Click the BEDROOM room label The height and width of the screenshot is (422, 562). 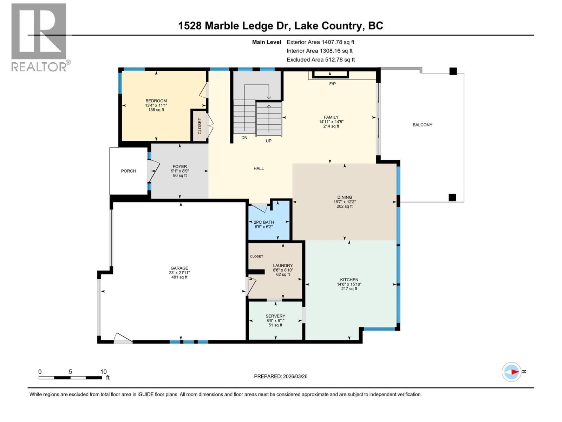point(156,101)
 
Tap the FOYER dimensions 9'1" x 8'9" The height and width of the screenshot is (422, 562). point(179,171)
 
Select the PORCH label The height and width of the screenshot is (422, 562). point(128,171)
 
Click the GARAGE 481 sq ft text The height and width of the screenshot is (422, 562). point(179,277)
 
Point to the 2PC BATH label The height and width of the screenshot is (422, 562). point(264,222)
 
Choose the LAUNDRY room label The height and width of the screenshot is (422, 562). point(283,266)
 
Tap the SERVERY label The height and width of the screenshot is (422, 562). point(275,316)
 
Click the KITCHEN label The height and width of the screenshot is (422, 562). point(349,280)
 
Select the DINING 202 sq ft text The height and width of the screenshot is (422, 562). point(344,206)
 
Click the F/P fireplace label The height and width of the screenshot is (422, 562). point(332,84)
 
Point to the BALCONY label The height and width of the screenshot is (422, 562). point(422,125)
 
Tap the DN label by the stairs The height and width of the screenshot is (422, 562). point(244,138)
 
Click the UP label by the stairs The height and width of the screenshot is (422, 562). point(268,141)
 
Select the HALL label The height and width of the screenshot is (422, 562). point(259,168)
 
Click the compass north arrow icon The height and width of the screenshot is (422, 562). point(512,372)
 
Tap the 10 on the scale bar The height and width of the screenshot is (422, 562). point(103,372)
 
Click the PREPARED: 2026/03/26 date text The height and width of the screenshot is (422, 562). point(280,376)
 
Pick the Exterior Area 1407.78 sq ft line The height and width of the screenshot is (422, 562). point(320,42)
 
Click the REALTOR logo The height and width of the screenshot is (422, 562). point(39,37)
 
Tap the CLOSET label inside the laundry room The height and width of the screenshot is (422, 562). point(256,256)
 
